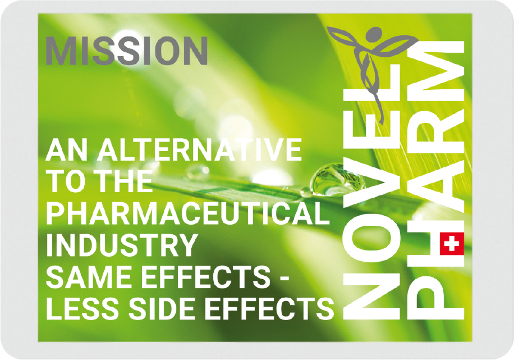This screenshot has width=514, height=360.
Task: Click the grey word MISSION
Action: click(126, 51)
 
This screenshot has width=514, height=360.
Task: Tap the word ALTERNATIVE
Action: click(199, 149)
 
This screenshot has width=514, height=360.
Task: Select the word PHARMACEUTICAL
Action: click(188, 213)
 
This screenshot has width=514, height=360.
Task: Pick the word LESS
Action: click(82, 309)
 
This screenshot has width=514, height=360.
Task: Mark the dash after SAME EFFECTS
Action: click(284, 279)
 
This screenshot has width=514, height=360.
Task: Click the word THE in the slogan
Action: click(126, 181)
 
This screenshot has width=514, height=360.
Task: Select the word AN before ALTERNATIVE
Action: click(67, 149)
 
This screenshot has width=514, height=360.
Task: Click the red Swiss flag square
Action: click(452, 244)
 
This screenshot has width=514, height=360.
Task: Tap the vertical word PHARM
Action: click(435, 180)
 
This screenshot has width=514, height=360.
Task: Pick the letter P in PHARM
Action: click(435, 298)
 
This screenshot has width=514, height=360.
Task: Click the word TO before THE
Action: click(67, 181)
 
